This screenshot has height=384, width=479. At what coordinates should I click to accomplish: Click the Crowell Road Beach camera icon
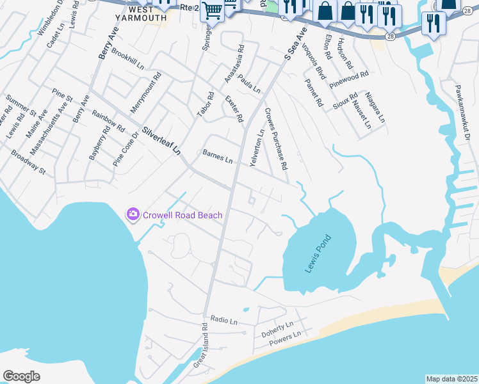tap(133, 214)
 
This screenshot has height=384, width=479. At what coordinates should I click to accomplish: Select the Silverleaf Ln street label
tap(162, 140)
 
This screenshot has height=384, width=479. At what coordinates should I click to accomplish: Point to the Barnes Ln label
tap(217, 156)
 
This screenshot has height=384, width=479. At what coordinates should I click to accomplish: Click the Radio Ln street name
tap(223, 320)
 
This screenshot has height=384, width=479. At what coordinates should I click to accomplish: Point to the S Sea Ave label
tap(296, 44)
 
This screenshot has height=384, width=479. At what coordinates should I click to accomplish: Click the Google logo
tap(21, 376)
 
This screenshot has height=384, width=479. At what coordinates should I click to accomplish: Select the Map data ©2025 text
tap(451, 379)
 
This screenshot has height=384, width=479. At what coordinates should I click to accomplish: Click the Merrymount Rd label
tap(146, 93)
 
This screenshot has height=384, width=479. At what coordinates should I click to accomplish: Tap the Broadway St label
tap(29, 162)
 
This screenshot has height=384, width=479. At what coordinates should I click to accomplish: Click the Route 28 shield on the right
tap(389, 38)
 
